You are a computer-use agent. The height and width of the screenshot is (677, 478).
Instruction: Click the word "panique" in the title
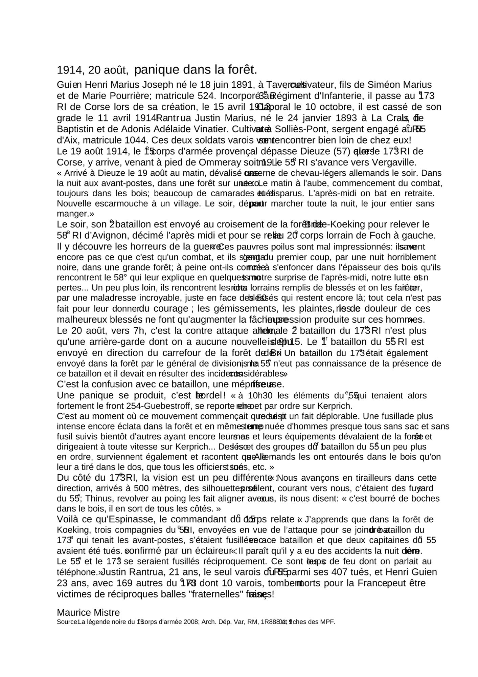157,70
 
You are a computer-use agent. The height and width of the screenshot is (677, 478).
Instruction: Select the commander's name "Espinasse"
127,519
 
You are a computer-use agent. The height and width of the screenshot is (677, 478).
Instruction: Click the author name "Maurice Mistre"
88,612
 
